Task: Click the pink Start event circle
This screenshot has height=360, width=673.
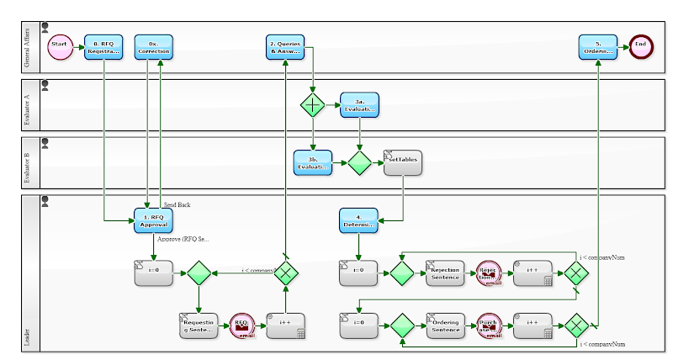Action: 60,46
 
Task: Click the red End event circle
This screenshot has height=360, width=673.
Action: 641,46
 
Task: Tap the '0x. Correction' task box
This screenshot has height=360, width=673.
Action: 153,46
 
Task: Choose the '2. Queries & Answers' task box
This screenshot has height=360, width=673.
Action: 285,46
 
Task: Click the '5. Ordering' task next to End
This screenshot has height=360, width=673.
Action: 598,46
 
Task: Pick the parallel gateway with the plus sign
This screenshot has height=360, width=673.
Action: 313,105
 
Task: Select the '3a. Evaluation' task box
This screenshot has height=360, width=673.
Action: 359,105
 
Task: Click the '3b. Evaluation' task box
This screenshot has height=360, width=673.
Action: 312,162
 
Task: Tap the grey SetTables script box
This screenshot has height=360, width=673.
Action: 403,162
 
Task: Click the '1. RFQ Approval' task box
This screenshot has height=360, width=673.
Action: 153,220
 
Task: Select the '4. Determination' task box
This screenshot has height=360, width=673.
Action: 359,220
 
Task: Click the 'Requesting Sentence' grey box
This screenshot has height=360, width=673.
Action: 199,326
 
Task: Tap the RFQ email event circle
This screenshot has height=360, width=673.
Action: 241,326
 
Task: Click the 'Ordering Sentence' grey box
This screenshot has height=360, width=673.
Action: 444,326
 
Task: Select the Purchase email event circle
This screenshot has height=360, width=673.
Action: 489,326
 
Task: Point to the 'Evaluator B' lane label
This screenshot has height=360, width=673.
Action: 28,163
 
